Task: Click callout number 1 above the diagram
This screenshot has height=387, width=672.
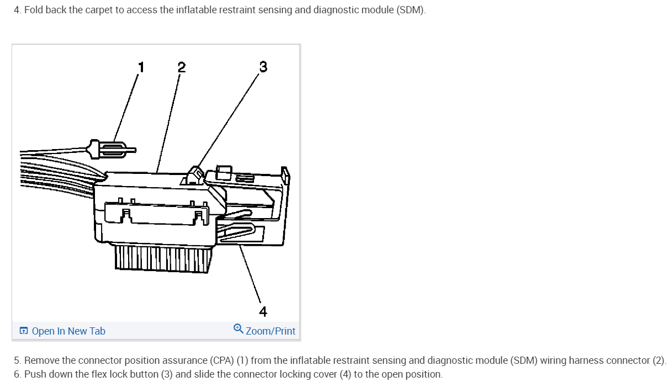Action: coord(141,67)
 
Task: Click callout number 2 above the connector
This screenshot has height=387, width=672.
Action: coord(181,67)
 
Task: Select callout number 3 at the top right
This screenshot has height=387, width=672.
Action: coord(263,67)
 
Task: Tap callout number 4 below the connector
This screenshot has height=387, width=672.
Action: coord(263,312)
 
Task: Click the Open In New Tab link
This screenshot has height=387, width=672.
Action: coord(68,331)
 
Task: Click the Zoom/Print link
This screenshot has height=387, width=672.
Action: coord(270,331)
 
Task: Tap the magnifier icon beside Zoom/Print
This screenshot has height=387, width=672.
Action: coord(238,328)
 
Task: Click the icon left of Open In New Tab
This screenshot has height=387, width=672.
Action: coord(24,331)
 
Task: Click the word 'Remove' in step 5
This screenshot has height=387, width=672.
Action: coord(41,361)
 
